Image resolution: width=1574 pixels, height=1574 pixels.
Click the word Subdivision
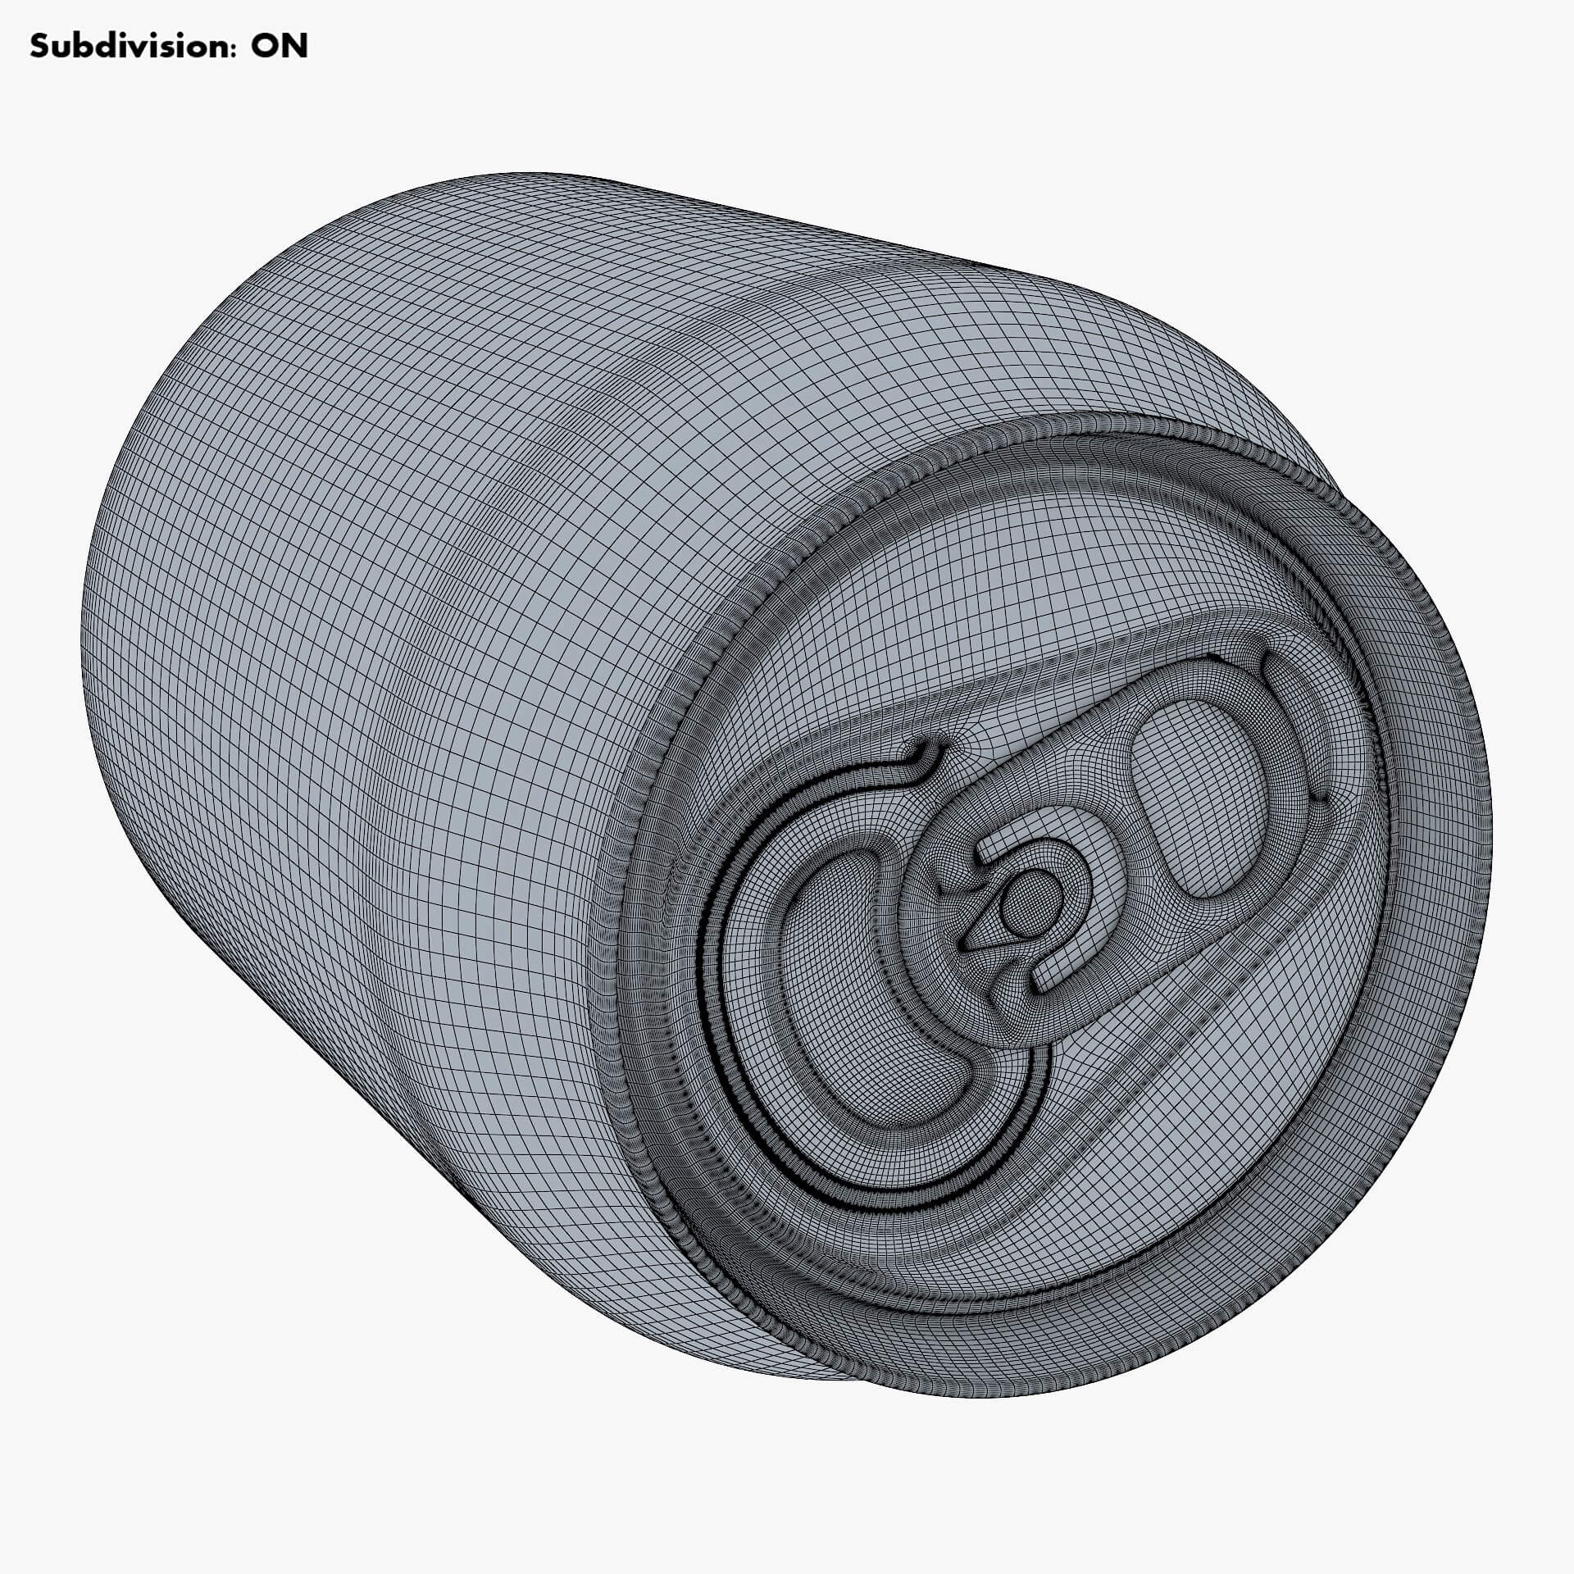[129, 47]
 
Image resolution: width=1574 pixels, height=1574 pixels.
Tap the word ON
[280, 47]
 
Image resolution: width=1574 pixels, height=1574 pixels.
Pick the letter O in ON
[264, 47]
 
